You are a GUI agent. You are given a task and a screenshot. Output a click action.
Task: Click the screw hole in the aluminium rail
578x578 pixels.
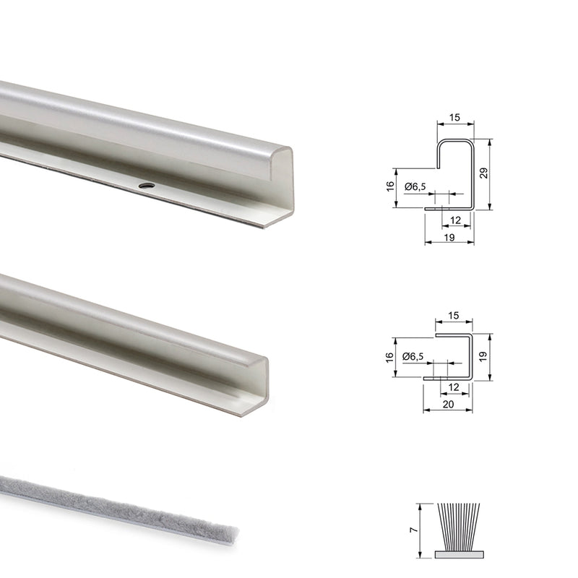[147, 186]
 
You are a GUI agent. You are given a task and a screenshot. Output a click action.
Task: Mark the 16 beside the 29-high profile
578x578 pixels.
[390, 187]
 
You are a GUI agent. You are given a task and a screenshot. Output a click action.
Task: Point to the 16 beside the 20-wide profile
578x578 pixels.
[390, 357]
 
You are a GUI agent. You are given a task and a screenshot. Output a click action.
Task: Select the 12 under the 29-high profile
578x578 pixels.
[455, 219]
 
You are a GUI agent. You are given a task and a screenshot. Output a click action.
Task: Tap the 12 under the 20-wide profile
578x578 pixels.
[454, 387]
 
